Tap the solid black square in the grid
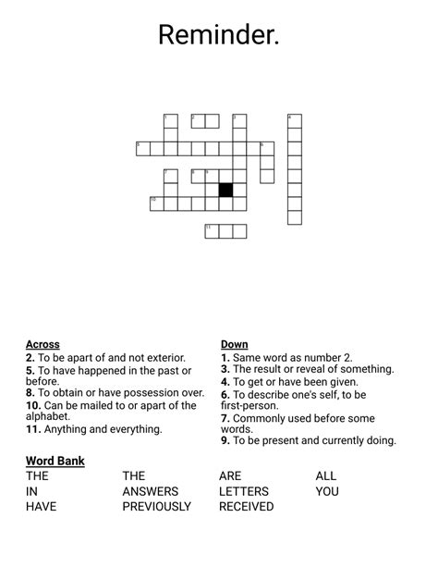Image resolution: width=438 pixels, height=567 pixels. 225,190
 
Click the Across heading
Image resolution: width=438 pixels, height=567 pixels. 43,344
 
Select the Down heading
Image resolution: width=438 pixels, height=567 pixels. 234,344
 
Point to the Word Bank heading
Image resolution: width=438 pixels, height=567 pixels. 55,461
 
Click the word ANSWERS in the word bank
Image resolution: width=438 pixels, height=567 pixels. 150,491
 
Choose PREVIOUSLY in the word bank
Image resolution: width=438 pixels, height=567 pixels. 156,507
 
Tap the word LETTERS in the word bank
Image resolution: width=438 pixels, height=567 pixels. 244,491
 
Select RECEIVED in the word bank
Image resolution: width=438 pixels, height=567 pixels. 246,507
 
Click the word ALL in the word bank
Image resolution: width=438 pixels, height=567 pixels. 326,476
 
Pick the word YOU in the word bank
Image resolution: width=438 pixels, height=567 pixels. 327,491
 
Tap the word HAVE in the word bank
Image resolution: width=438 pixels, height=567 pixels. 42,507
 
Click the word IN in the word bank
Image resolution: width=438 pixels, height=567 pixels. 31,491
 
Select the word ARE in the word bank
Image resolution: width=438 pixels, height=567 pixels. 230,476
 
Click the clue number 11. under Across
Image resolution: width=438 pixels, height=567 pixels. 32,429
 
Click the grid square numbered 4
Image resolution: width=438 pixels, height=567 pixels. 295,120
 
